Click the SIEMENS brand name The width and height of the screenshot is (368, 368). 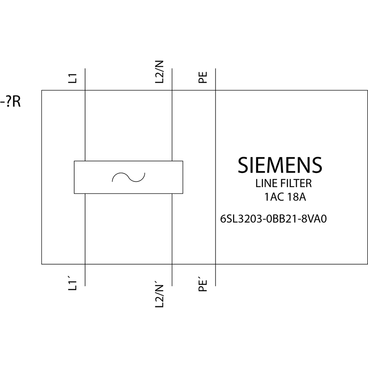point(280,165)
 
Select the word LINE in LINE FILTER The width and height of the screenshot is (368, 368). point(264,183)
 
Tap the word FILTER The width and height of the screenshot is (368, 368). point(293,183)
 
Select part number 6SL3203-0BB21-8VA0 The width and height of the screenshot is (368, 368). point(273,219)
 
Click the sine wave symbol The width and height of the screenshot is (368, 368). point(128,177)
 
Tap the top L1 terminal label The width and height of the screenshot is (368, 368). point(74,78)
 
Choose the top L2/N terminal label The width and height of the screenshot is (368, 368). point(160,72)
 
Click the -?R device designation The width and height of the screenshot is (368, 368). point(10,102)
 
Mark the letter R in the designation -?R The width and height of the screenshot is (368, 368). point(16,102)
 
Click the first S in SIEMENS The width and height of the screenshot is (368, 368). point(243,165)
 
